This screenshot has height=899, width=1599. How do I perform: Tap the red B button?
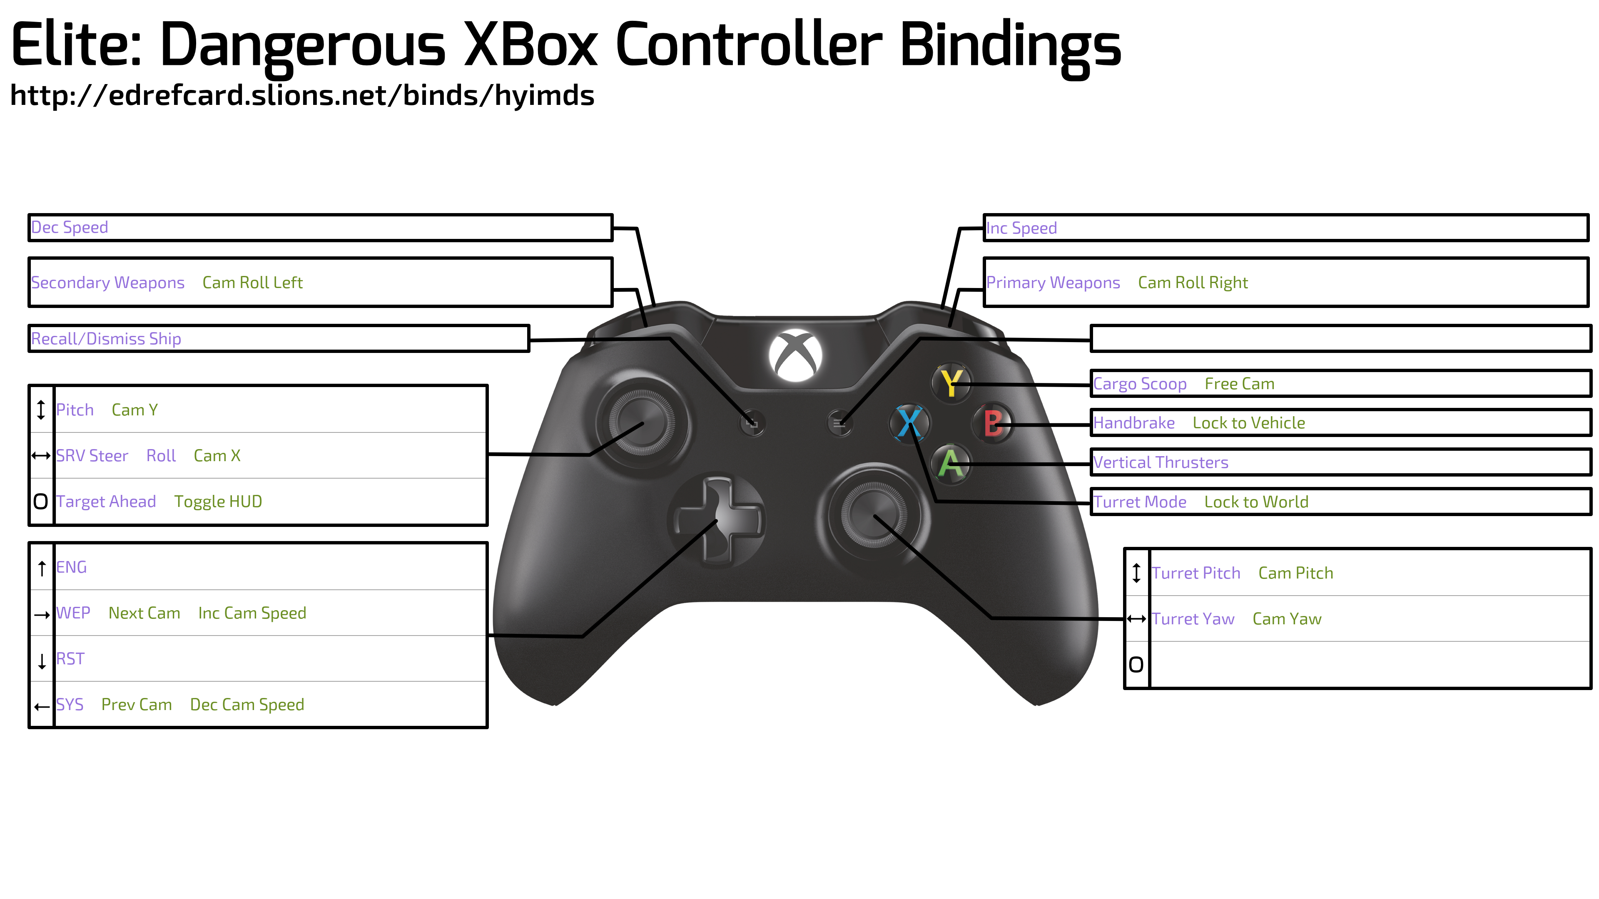coord(993,424)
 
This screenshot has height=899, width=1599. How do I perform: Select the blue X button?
coord(909,423)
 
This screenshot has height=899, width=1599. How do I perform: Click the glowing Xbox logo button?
coord(795,355)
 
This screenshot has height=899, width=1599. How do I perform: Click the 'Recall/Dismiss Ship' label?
coord(106,339)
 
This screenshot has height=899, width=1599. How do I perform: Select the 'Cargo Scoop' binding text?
coord(1140,384)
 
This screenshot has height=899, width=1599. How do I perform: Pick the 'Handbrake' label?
coord(1133,423)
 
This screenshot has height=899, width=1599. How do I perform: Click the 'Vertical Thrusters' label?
coord(1161,462)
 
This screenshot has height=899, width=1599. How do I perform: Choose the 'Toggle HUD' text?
coord(218,501)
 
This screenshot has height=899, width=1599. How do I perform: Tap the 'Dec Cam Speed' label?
coord(247,705)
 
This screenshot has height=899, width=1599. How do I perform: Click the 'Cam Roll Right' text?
coord(1193,283)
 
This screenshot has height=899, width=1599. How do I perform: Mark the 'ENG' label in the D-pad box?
coord(71,567)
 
